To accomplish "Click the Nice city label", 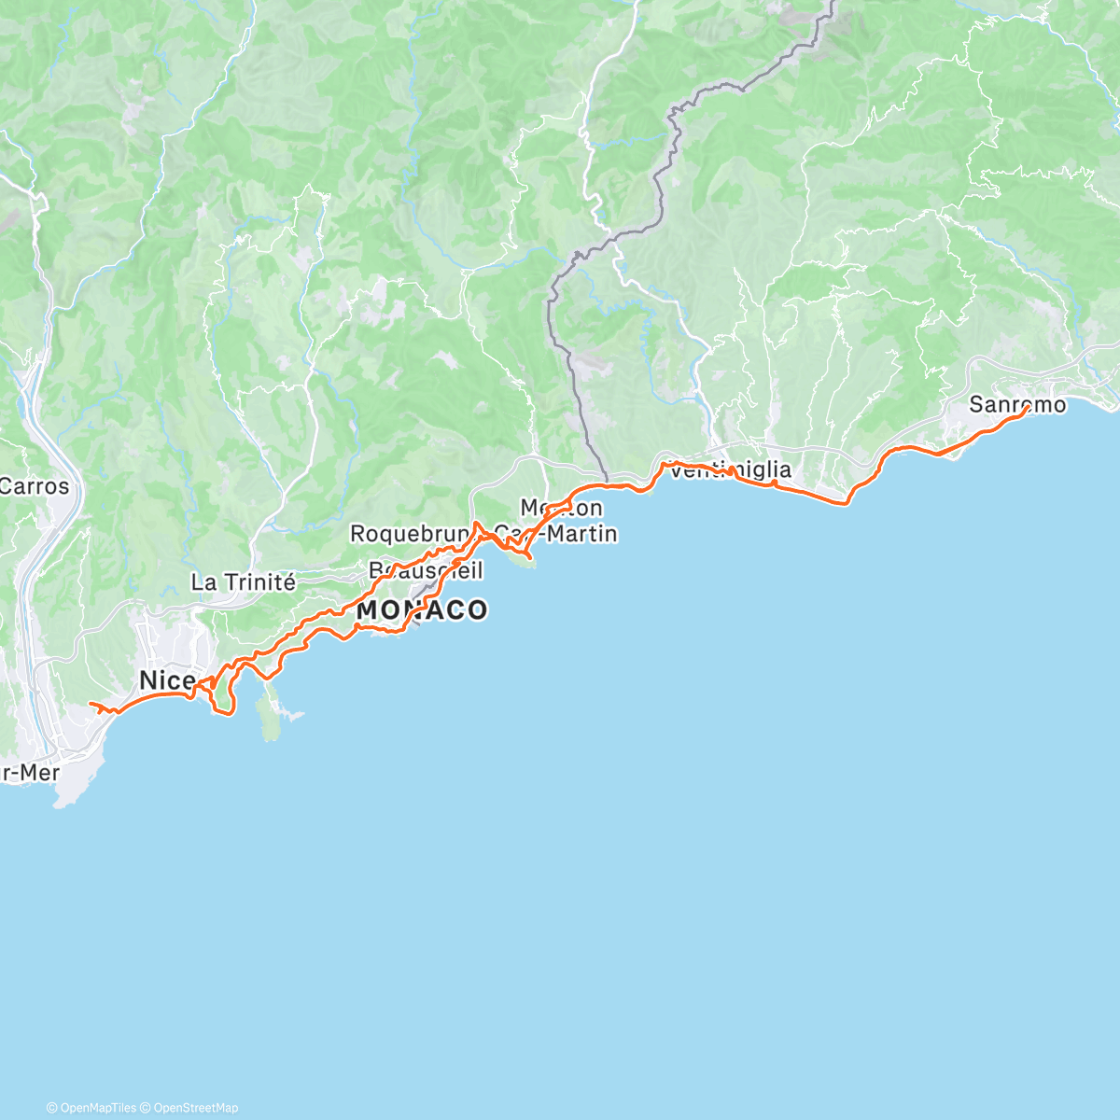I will coord(166,679).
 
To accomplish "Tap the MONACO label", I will coord(422,610).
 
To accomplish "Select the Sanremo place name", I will coord(1016,405).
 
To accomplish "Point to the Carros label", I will coord(35,486).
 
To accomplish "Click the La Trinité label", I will coord(243,582).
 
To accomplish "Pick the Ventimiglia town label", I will coord(731,469).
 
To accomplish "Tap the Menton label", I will coord(561,509).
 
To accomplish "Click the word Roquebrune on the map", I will coord(409,534).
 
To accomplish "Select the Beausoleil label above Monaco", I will coord(426,569).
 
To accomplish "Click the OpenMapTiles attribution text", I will coord(97,1108).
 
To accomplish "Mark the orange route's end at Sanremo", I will coord(1028,407).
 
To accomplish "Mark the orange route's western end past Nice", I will coord(90,703).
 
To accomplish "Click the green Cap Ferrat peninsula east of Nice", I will coord(270,714).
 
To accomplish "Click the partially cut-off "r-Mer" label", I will coord(30,773).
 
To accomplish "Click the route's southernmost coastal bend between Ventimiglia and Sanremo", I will coord(846,503).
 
